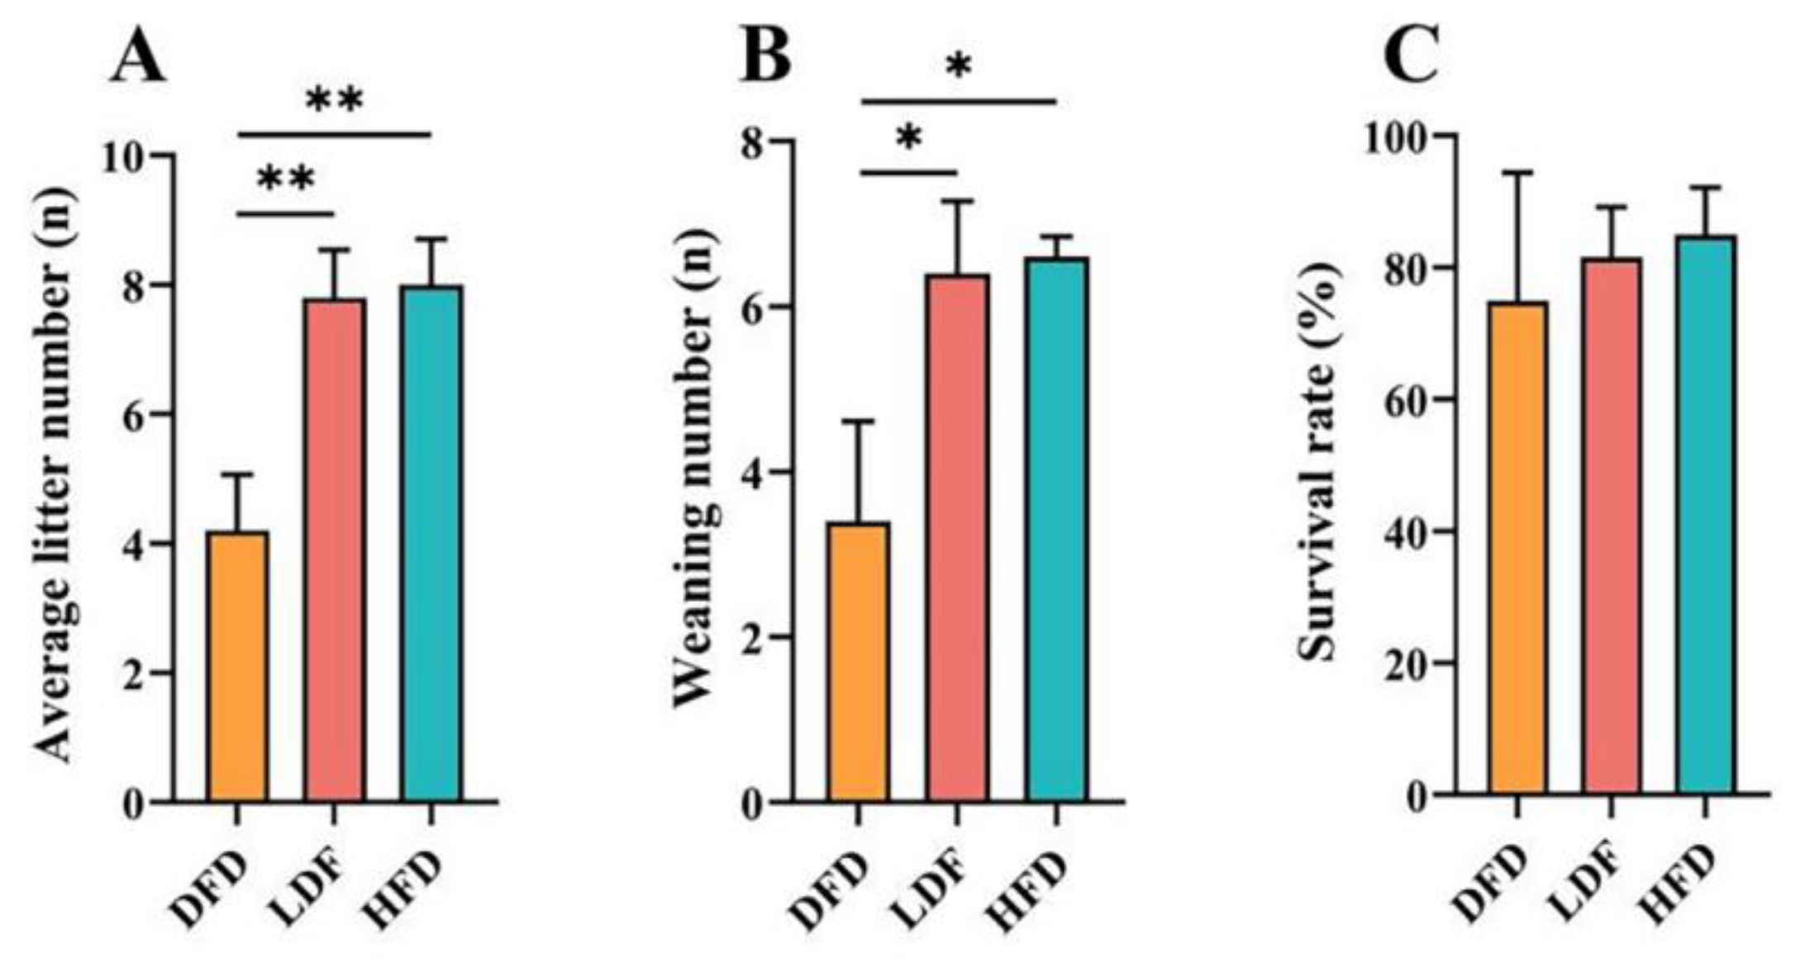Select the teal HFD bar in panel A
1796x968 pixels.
(431, 543)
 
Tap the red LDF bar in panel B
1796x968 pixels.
(957, 538)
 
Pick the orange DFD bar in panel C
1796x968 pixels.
(1517, 548)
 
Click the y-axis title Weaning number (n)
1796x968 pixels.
(693, 472)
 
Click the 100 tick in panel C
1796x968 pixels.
(1397, 136)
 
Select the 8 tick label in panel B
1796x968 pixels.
(754, 141)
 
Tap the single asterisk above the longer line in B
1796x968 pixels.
(958, 66)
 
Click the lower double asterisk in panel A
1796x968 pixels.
(286, 179)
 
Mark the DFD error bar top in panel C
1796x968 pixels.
(1517, 173)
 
